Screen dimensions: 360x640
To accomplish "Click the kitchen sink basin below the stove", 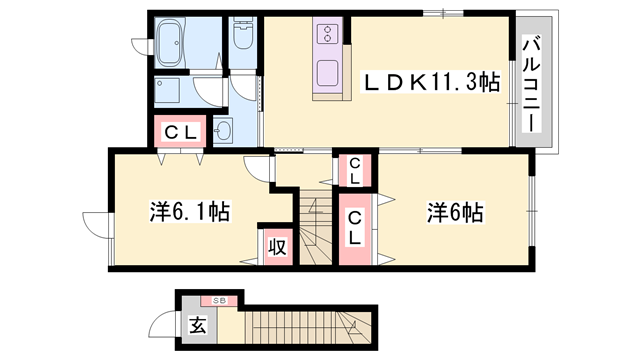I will click(329, 73).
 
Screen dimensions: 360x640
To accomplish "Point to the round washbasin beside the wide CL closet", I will click(223, 130).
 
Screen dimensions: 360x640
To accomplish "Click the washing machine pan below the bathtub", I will click(173, 92).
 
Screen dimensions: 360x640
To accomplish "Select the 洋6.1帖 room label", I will click(190, 211).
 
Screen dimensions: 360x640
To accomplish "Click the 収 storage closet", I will click(277, 246).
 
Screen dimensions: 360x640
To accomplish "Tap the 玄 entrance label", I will click(196, 325).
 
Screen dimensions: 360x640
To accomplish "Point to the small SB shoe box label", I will click(217, 300).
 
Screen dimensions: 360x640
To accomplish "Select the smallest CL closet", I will click(355, 171).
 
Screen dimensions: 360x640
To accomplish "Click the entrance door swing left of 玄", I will click(164, 324).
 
